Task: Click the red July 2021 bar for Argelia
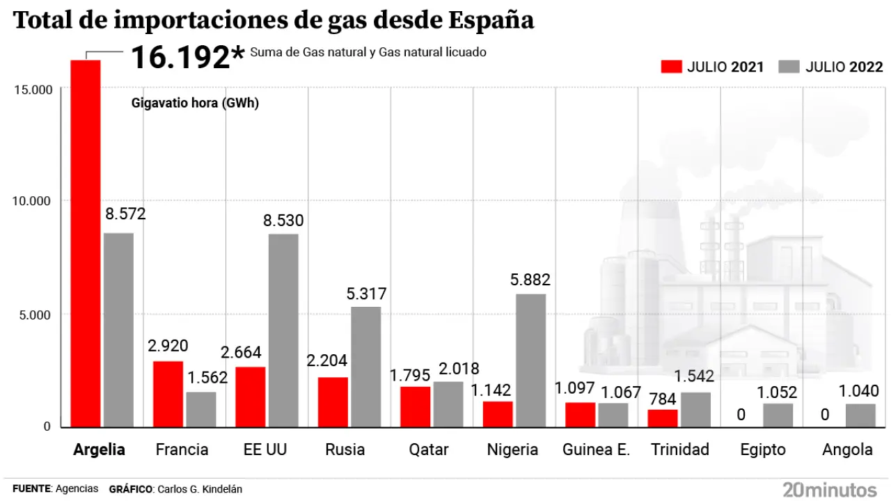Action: (x=86, y=244)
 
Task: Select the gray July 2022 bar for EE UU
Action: (x=283, y=331)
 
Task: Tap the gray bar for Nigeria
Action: (x=530, y=360)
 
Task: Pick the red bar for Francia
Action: (x=168, y=394)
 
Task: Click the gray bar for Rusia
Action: (x=365, y=367)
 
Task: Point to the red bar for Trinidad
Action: (x=662, y=418)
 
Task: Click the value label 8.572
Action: (x=125, y=214)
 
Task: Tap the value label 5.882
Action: (x=530, y=280)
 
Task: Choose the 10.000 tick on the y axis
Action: (x=32, y=201)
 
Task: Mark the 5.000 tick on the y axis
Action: (x=36, y=315)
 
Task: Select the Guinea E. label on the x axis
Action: (x=596, y=450)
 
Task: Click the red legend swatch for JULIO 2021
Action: (x=670, y=67)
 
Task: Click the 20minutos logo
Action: (x=830, y=488)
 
